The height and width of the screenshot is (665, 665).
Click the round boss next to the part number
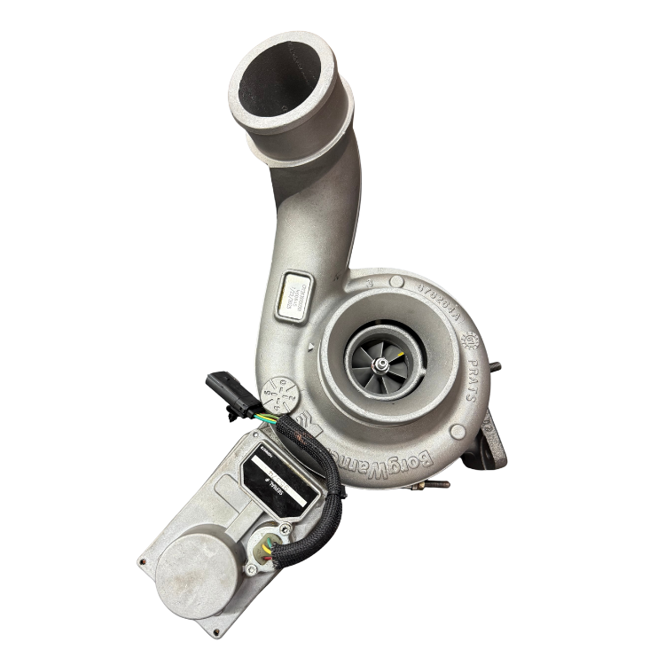pos(366,283)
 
